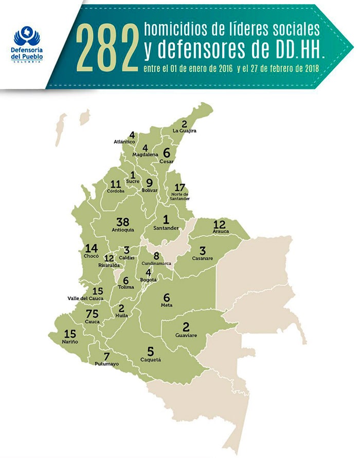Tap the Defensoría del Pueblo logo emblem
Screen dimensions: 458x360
pyautogui.click(x=26, y=37)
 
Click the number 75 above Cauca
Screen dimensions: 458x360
pyautogui.click(x=92, y=314)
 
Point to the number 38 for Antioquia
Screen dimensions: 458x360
pyautogui.click(x=122, y=222)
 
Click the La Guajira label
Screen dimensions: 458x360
pyautogui.click(x=185, y=131)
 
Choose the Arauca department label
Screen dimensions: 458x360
pyautogui.click(x=220, y=232)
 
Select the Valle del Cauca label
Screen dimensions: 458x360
pyautogui.click(x=85, y=298)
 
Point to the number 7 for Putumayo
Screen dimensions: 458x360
pyautogui.click(x=106, y=356)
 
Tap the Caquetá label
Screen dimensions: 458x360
pyautogui.click(x=151, y=360)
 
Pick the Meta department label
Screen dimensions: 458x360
pyautogui.click(x=166, y=305)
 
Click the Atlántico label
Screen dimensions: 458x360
pyautogui.click(x=124, y=141)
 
